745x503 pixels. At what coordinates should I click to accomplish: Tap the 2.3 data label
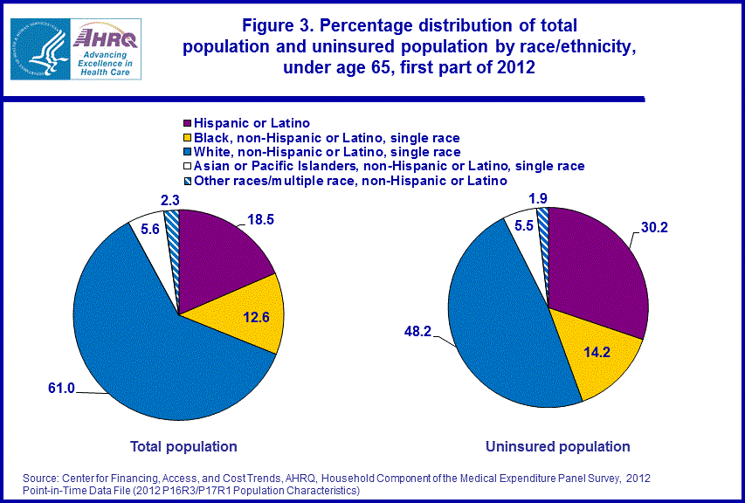170,201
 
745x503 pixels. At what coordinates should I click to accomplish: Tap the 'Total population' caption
183,446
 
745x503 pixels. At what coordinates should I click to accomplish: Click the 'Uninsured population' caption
557,446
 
